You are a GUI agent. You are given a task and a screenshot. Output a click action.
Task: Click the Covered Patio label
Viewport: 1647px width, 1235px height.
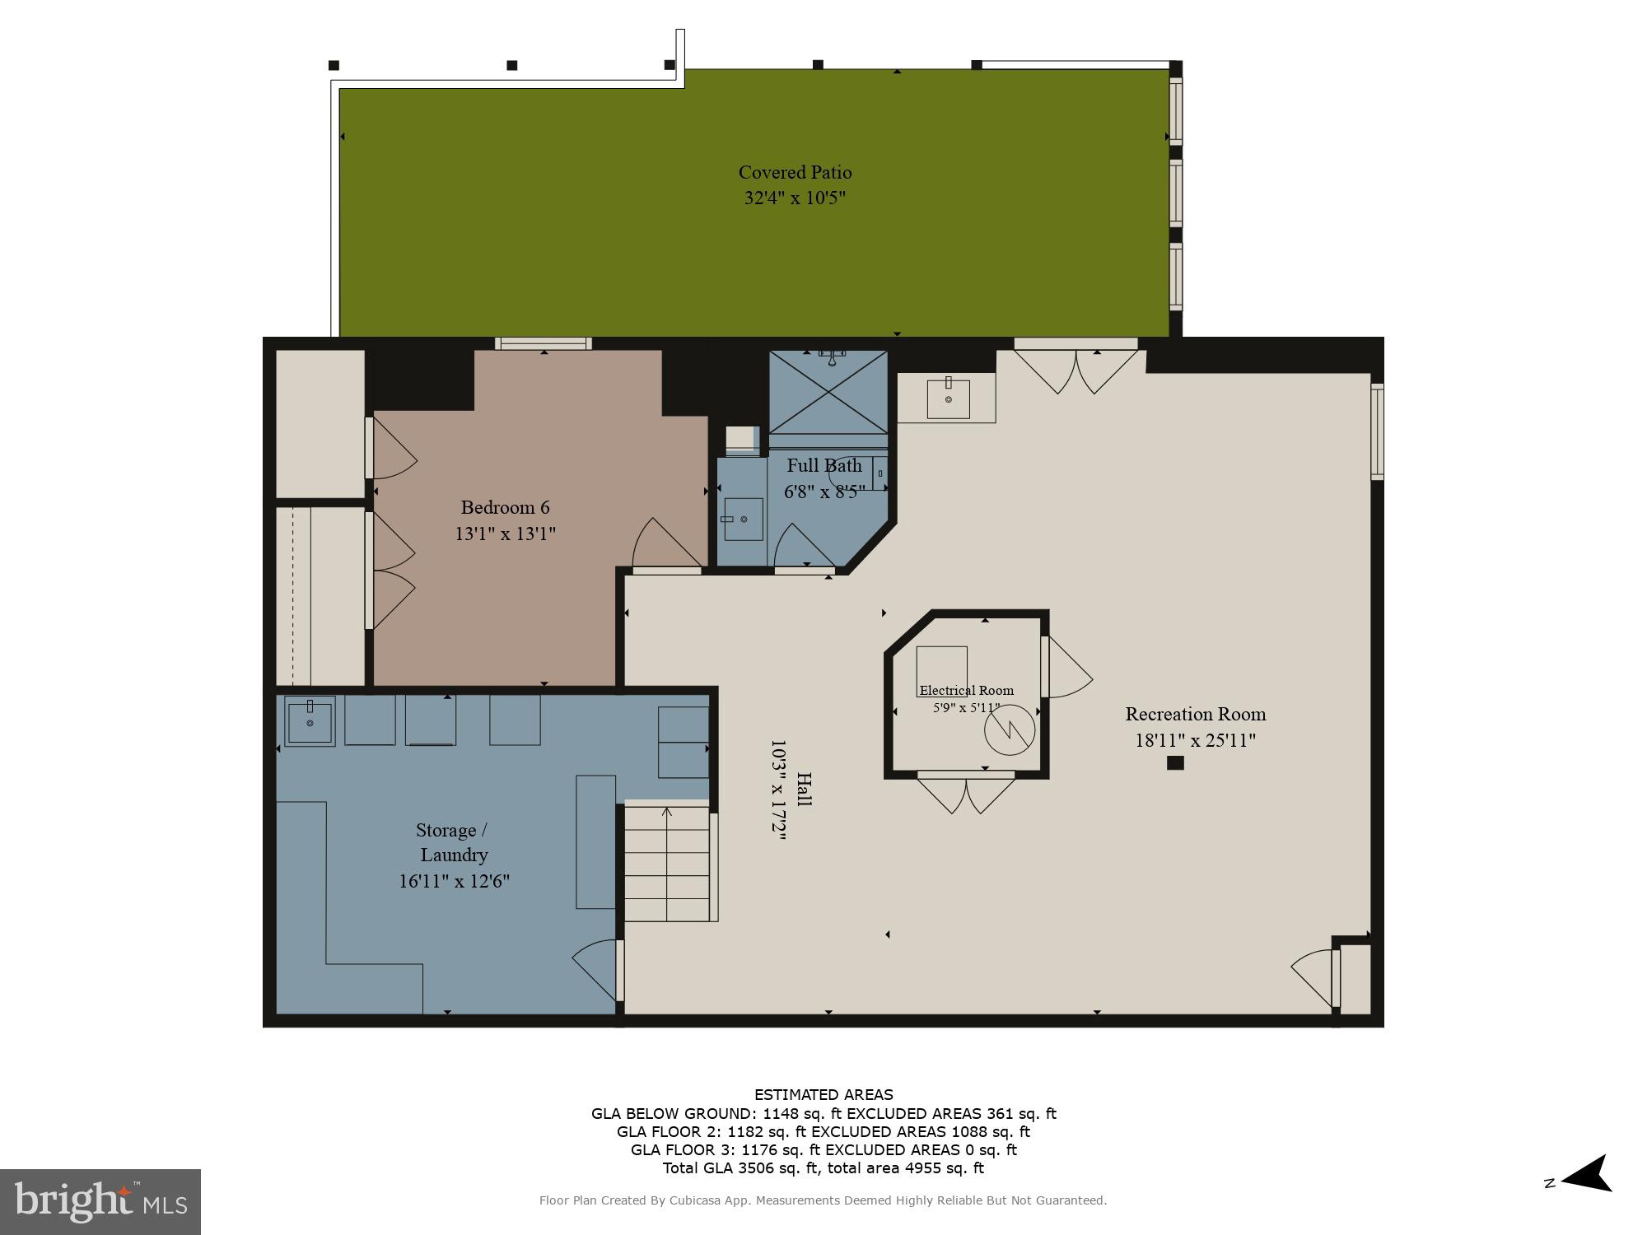pos(795,172)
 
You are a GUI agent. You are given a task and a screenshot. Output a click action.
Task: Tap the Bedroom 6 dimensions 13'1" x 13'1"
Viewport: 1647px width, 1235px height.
pos(505,534)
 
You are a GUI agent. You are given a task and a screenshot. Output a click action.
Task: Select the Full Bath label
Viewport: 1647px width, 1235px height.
pos(823,465)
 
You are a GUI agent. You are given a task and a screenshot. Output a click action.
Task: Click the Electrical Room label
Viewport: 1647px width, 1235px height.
pos(966,690)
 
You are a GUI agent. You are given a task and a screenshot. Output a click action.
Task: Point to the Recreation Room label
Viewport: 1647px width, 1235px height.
pos(1195,714)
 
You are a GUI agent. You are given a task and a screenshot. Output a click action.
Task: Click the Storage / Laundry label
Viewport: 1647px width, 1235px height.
pos(453,841)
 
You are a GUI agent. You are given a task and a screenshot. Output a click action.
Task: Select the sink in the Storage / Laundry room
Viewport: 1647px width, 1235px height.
pos(310,721)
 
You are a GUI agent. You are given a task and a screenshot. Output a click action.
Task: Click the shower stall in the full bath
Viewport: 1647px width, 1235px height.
pos(828,392)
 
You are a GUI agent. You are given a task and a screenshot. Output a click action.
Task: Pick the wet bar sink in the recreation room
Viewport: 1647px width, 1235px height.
pos(948,398)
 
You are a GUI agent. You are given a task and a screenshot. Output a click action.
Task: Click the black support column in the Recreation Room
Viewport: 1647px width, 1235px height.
pos(1175,762)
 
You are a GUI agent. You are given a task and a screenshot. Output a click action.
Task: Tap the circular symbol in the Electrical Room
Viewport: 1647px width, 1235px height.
pos(1009,729)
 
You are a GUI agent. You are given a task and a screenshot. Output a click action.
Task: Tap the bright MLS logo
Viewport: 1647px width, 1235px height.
pos(100,1201)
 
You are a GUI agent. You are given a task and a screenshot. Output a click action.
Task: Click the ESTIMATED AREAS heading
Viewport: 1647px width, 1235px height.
pos(823,1094)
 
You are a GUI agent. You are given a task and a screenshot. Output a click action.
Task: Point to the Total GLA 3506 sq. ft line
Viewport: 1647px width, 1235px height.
pos(823,1167)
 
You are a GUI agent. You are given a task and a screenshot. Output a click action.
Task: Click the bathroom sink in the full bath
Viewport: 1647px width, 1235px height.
pos(743,520)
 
